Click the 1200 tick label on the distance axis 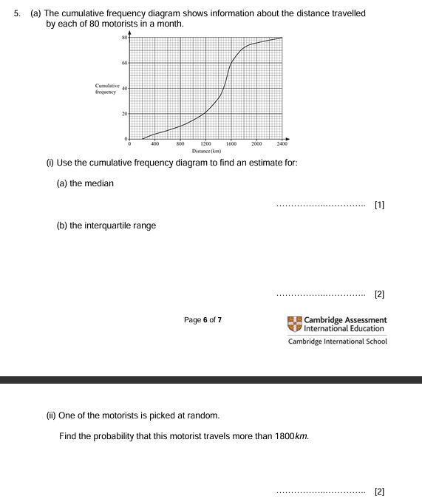(205, 144)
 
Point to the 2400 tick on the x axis (282, 144)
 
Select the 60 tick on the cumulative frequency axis (126, 64)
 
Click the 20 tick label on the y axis (126, 114)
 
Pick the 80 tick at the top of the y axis (126, 38)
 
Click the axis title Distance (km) (205, 151)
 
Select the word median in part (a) (101, 183)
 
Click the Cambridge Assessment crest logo (294, 324)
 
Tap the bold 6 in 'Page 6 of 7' (204, 320)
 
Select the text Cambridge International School (347, 342)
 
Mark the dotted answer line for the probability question (320, 491)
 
